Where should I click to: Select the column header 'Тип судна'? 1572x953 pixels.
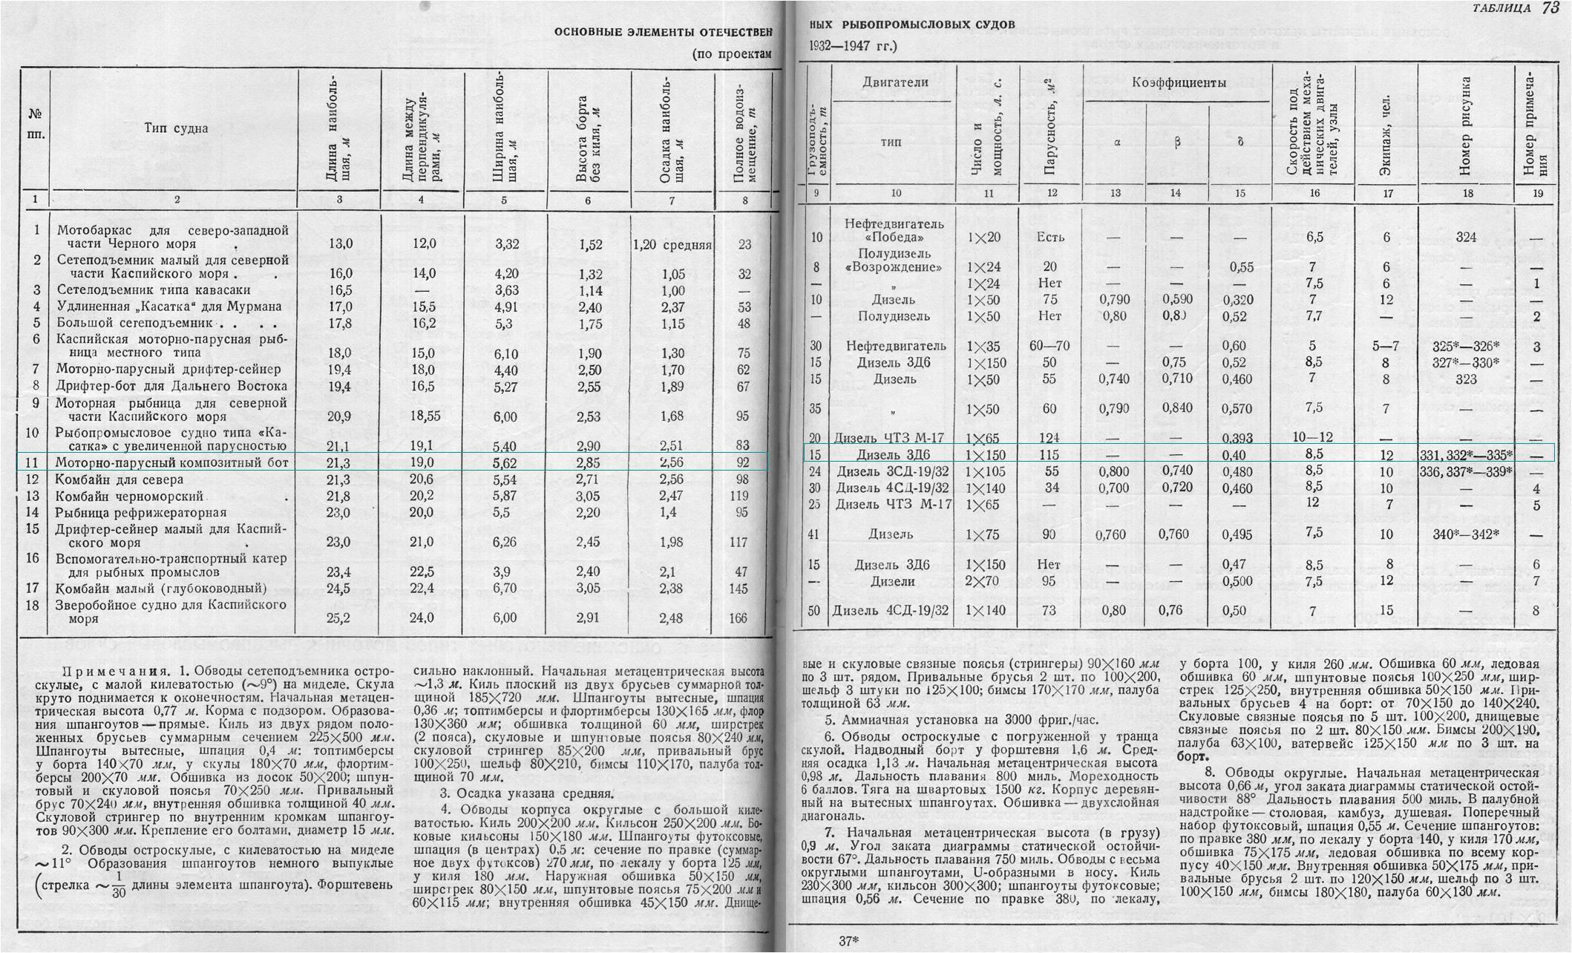pyautogui.click(x=177, y=128)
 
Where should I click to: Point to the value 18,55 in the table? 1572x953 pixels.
pyautogui.click(x=422, y=416)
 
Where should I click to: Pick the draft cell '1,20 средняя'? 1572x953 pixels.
pyautogui.click(x=672, y=245)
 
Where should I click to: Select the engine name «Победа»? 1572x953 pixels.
pyautogui.click(x=894, y=238)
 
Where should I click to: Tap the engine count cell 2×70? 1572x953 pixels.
pyautogui.click(x=985, y=581)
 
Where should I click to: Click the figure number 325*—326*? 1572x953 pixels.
pyautogui.click(x=1465, y=347)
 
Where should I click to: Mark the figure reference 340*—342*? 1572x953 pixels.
pyautogui.click(x=1465, y=534)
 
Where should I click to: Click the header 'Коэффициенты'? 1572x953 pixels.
pyautogui.click(x=1179, y=83)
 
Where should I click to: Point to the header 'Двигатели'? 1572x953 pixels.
pyautogui.click(x=895, y=82)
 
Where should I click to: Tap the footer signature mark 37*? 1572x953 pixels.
pyautogui.click(x=848, y=941)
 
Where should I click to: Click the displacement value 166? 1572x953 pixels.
pyautogui.click(x=738, y=618)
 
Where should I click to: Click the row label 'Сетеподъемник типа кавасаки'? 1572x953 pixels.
pyautogui.click(x=154, y=290)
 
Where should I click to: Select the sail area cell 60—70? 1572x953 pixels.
pyautogui.click(x=1050, y=347)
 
